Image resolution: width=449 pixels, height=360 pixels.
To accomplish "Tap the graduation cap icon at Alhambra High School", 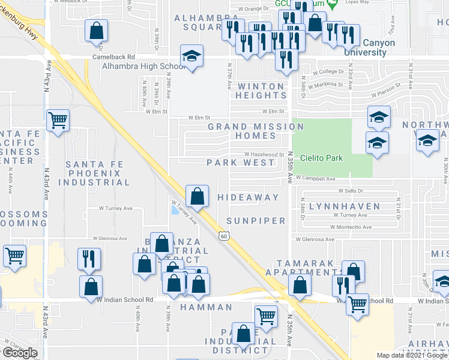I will click(191, 56).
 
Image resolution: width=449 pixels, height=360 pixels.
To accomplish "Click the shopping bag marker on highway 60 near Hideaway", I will click(197, 196).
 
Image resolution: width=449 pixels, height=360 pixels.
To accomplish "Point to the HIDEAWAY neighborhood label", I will click(248, 197).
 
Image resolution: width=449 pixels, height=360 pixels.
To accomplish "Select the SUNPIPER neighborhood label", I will click(256, 220).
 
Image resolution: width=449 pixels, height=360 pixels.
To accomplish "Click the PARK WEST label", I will click(232, 163).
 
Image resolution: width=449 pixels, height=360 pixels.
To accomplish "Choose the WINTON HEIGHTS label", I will click(261, 91).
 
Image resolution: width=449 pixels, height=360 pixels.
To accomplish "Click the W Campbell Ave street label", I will click(315, 179).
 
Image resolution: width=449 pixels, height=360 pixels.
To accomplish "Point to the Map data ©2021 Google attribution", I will click(412, 355).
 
